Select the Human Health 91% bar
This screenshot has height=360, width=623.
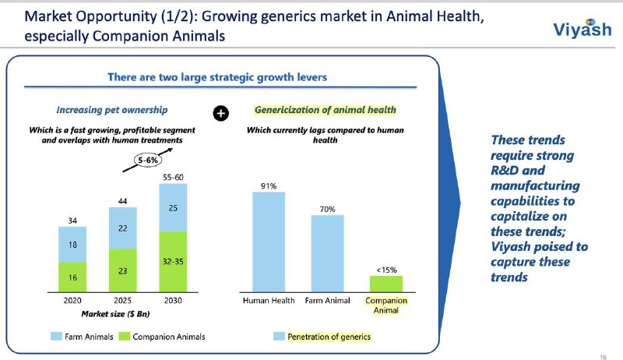tap(269, 241)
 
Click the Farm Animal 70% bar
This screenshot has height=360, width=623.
tap(327, 252)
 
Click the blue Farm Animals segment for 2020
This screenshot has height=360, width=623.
tap(72, 244)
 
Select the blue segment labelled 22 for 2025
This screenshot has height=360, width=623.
tap(122, 228)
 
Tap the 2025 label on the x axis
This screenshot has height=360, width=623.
tap(122, 301)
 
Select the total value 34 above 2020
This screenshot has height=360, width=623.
tap(72, 221)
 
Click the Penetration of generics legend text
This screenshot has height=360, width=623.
tap(329, 337)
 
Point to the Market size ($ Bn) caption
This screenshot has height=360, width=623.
tap(116, 314)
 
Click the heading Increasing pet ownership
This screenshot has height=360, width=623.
tap(111, 110)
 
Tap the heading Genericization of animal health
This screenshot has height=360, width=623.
tap(326, 110)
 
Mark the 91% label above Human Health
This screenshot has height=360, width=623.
tap(269, 185)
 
